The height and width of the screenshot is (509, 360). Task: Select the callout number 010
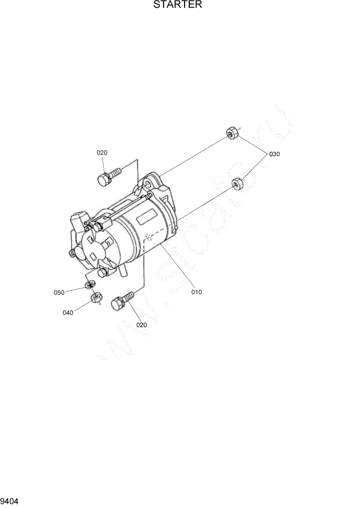[196, 292]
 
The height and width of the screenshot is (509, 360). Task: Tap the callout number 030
[274, 154]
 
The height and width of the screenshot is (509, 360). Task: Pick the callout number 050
[59, 292]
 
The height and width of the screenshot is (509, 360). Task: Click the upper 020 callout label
[102, 152]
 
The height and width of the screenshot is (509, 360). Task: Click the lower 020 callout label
[142, 324]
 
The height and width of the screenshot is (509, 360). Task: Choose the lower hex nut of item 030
[237, 183]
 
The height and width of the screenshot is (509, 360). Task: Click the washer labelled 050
[90, 284]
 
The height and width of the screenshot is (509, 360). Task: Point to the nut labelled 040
[95, 298]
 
